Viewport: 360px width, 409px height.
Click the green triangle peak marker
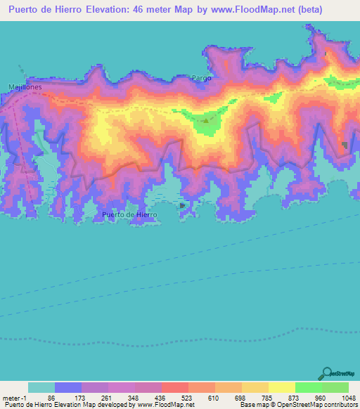coord(205,121)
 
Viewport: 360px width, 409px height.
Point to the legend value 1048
coord(342,398)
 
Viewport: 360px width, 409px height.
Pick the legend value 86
coord(70,398)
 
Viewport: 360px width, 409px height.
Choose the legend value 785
coord(255,398)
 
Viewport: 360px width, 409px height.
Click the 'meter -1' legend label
coord(13,398)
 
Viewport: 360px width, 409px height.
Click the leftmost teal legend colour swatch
coord(41,387)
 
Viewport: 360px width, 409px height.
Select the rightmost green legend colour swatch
coord(335,387)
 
